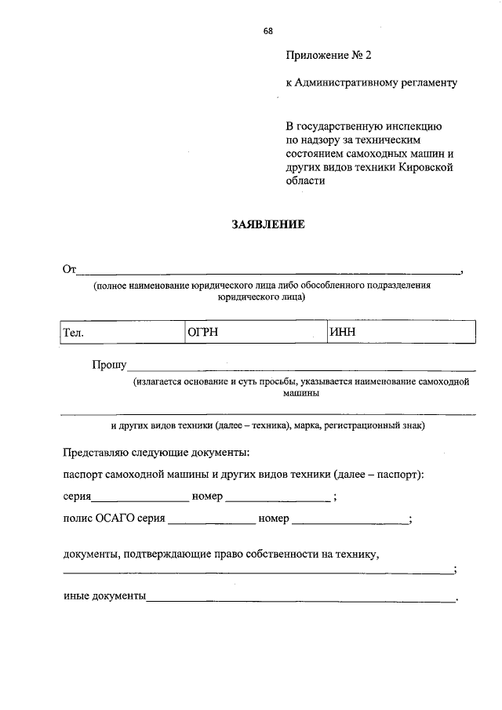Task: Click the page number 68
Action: pos(268,31)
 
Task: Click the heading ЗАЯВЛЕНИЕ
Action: pos(267,224)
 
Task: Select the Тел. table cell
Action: pos(121,332)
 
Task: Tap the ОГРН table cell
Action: pos(254,332)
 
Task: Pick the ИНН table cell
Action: pos(401,332)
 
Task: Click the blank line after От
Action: pos(267,271)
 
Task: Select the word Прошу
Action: pos(108,365)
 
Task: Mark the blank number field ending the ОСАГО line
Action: pos(350,521)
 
